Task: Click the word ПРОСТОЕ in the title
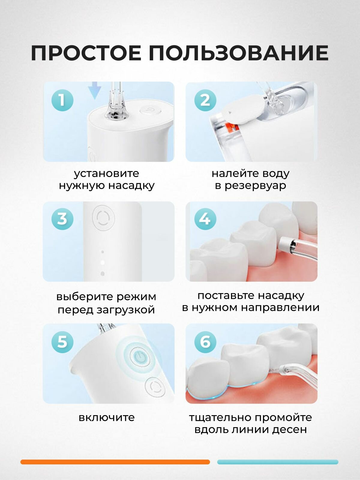click(x=86, y=53)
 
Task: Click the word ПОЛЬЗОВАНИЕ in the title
click(x=238, y=53)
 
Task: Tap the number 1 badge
click(x=62, y=100)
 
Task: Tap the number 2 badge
click(x=205, y=100)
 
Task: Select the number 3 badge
click(x=62, y=219)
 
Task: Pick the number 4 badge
click(x=205, y=219)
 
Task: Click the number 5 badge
click(x=62, y=342)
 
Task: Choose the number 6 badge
click(x=205, y=342)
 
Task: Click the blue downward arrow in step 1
click(x=95, y=91)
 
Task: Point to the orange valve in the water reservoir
click(x=232, y=127)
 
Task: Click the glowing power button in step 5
click(x=139, y=356)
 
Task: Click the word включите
click(x=107, y=417)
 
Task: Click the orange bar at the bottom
click(x=115, y=462)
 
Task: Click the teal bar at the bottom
click(x=277, y=462)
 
